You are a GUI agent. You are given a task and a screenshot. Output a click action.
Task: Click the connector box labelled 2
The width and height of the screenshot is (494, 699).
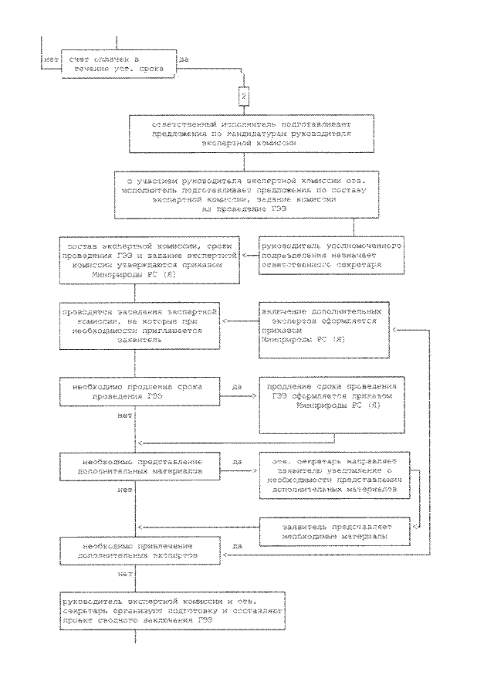coord(243,98)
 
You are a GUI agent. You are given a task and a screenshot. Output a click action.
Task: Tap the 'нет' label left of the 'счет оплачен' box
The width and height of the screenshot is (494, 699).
coord(52,59)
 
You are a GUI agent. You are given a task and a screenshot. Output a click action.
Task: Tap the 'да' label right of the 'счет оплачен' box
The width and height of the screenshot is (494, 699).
coord(184,59)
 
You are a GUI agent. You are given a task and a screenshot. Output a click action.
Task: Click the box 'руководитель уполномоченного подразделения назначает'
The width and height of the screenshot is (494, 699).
coord(323,253)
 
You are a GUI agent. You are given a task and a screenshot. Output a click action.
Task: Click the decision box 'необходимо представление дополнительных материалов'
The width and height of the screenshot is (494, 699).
coord(136,464)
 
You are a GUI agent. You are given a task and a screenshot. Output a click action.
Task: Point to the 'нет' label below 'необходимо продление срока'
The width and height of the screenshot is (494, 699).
coord(123,416)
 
